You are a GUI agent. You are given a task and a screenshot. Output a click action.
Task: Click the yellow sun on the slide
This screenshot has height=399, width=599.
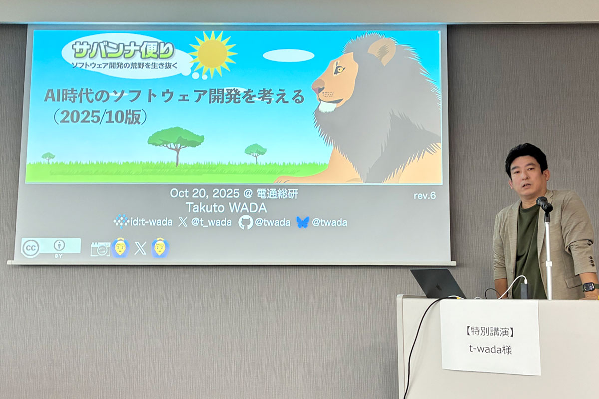(213, 54)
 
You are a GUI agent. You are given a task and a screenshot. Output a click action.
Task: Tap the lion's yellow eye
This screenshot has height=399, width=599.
(339, 69)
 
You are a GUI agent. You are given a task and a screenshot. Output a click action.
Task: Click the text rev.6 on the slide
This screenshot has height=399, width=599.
(425, 196)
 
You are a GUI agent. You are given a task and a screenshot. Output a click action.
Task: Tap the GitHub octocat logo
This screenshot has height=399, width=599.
(245, 222)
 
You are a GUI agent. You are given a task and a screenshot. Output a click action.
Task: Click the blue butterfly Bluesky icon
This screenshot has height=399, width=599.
(302, 222)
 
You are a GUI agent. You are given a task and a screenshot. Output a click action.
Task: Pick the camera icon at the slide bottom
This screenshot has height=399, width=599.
(100, 249)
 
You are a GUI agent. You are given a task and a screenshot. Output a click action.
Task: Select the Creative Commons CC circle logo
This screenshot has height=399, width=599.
(31, 248)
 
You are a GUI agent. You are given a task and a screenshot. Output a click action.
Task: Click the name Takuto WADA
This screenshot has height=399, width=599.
(226, 208)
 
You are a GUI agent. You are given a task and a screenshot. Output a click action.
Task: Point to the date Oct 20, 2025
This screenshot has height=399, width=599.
(205, 193)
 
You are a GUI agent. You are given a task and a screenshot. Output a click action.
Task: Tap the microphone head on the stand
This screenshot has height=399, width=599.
(544, 203)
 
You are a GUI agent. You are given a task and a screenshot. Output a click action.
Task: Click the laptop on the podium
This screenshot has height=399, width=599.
(437, 283)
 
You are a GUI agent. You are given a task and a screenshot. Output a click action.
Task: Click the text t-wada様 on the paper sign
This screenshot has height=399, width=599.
(490, 349)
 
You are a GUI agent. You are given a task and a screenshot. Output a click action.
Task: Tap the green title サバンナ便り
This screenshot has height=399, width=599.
(123, 50)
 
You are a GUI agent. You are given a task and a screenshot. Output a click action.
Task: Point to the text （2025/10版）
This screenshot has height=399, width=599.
(100, 117)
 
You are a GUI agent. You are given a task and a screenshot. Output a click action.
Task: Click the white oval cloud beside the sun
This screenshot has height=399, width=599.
(289, 55)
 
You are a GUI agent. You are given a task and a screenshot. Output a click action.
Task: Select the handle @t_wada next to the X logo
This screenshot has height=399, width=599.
(211, 222)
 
